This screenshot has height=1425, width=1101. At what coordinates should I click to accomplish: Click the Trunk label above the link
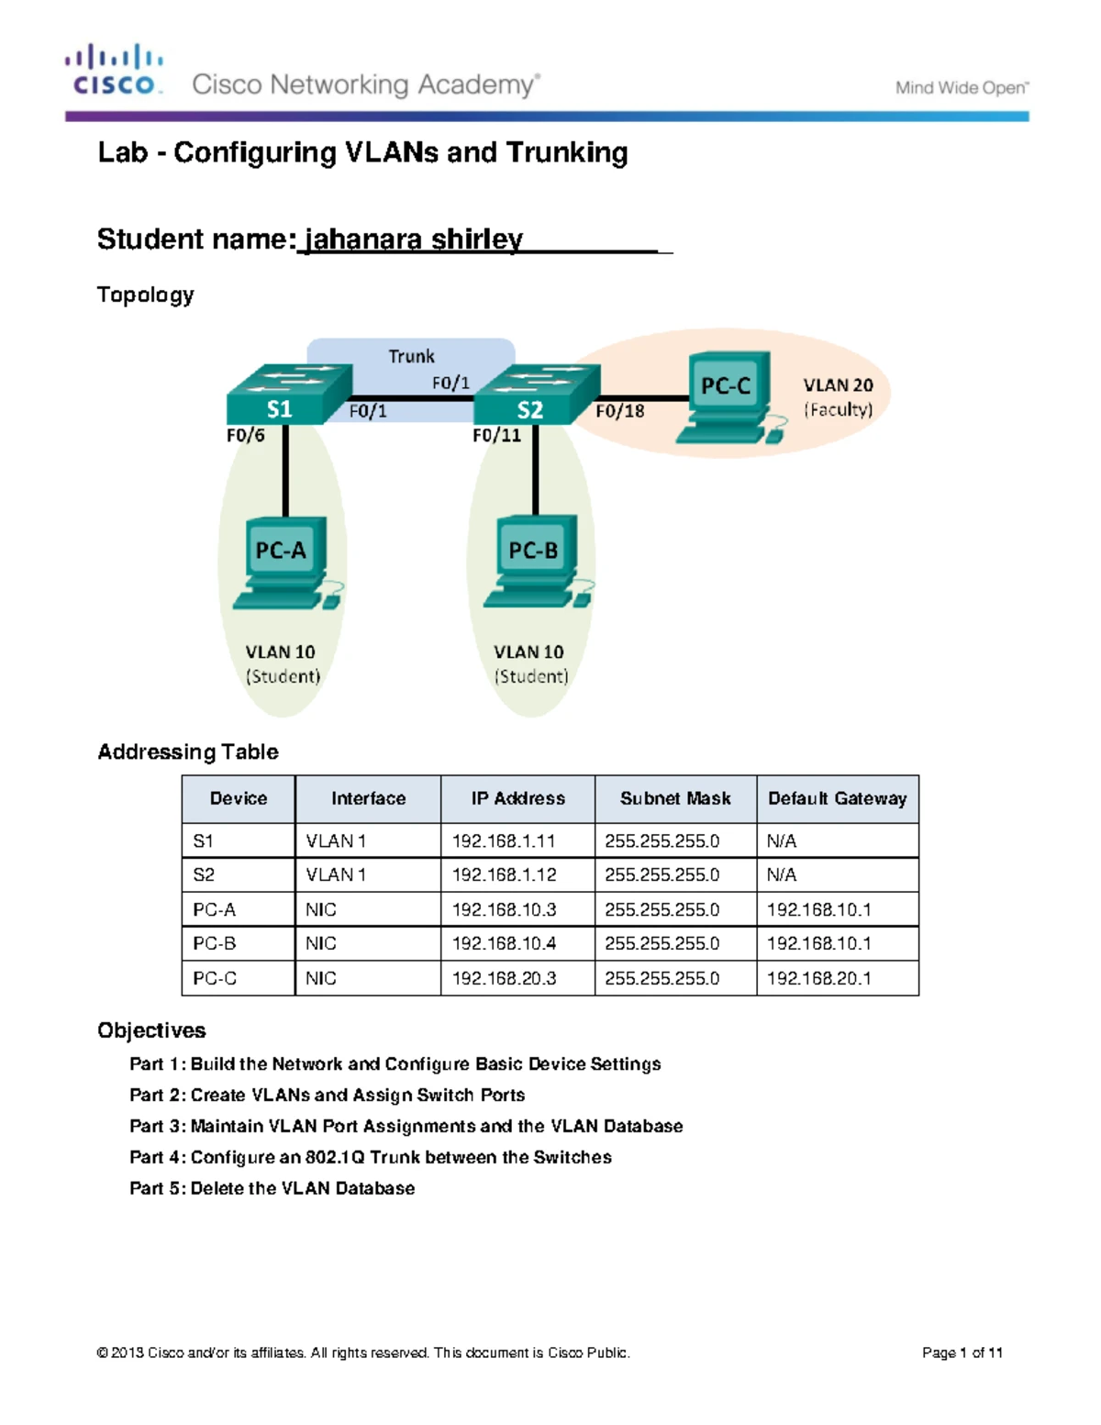click(x=411, y=356)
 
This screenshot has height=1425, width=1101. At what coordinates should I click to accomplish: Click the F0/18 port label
click(x=620, y=411)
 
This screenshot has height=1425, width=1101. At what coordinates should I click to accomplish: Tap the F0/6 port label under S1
click(x=245, y=435)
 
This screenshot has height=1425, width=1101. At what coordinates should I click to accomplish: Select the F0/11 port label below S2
click(x=496, y=435)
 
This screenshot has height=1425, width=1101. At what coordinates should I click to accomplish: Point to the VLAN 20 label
click(x=838, y=385)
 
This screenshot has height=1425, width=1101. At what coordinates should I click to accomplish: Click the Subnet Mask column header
click(x=675, y=798)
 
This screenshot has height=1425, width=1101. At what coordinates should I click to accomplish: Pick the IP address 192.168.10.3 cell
click(x=505, y=909)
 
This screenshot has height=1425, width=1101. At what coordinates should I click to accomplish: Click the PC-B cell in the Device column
click(x=215, y=943)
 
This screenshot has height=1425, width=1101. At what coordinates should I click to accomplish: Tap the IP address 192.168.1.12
click(x=505, y=874)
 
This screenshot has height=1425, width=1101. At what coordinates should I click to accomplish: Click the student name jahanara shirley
click(x=414, y=239)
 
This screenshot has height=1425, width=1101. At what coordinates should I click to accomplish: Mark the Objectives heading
click(x=151, y=1030)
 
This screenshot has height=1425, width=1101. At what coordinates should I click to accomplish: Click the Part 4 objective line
click(x=371, y=1157)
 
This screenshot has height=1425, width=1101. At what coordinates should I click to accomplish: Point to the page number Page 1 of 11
click(x=962, y=1353)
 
